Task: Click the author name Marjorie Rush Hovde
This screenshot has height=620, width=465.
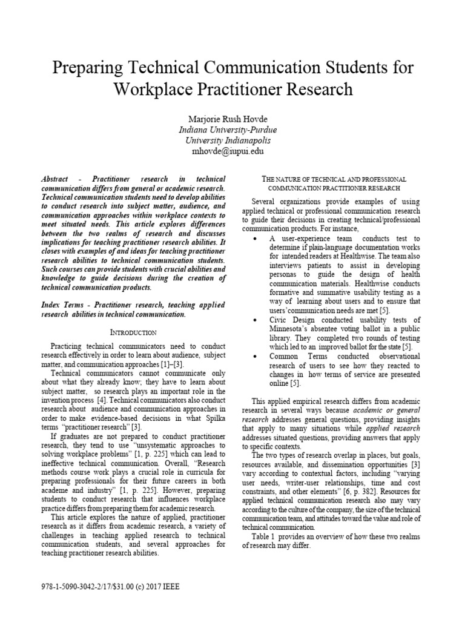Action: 232,118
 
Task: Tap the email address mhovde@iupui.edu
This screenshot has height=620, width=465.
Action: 232,151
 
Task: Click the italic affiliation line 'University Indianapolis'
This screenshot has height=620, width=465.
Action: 232,140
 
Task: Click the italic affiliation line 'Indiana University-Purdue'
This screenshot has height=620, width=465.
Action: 232,130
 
